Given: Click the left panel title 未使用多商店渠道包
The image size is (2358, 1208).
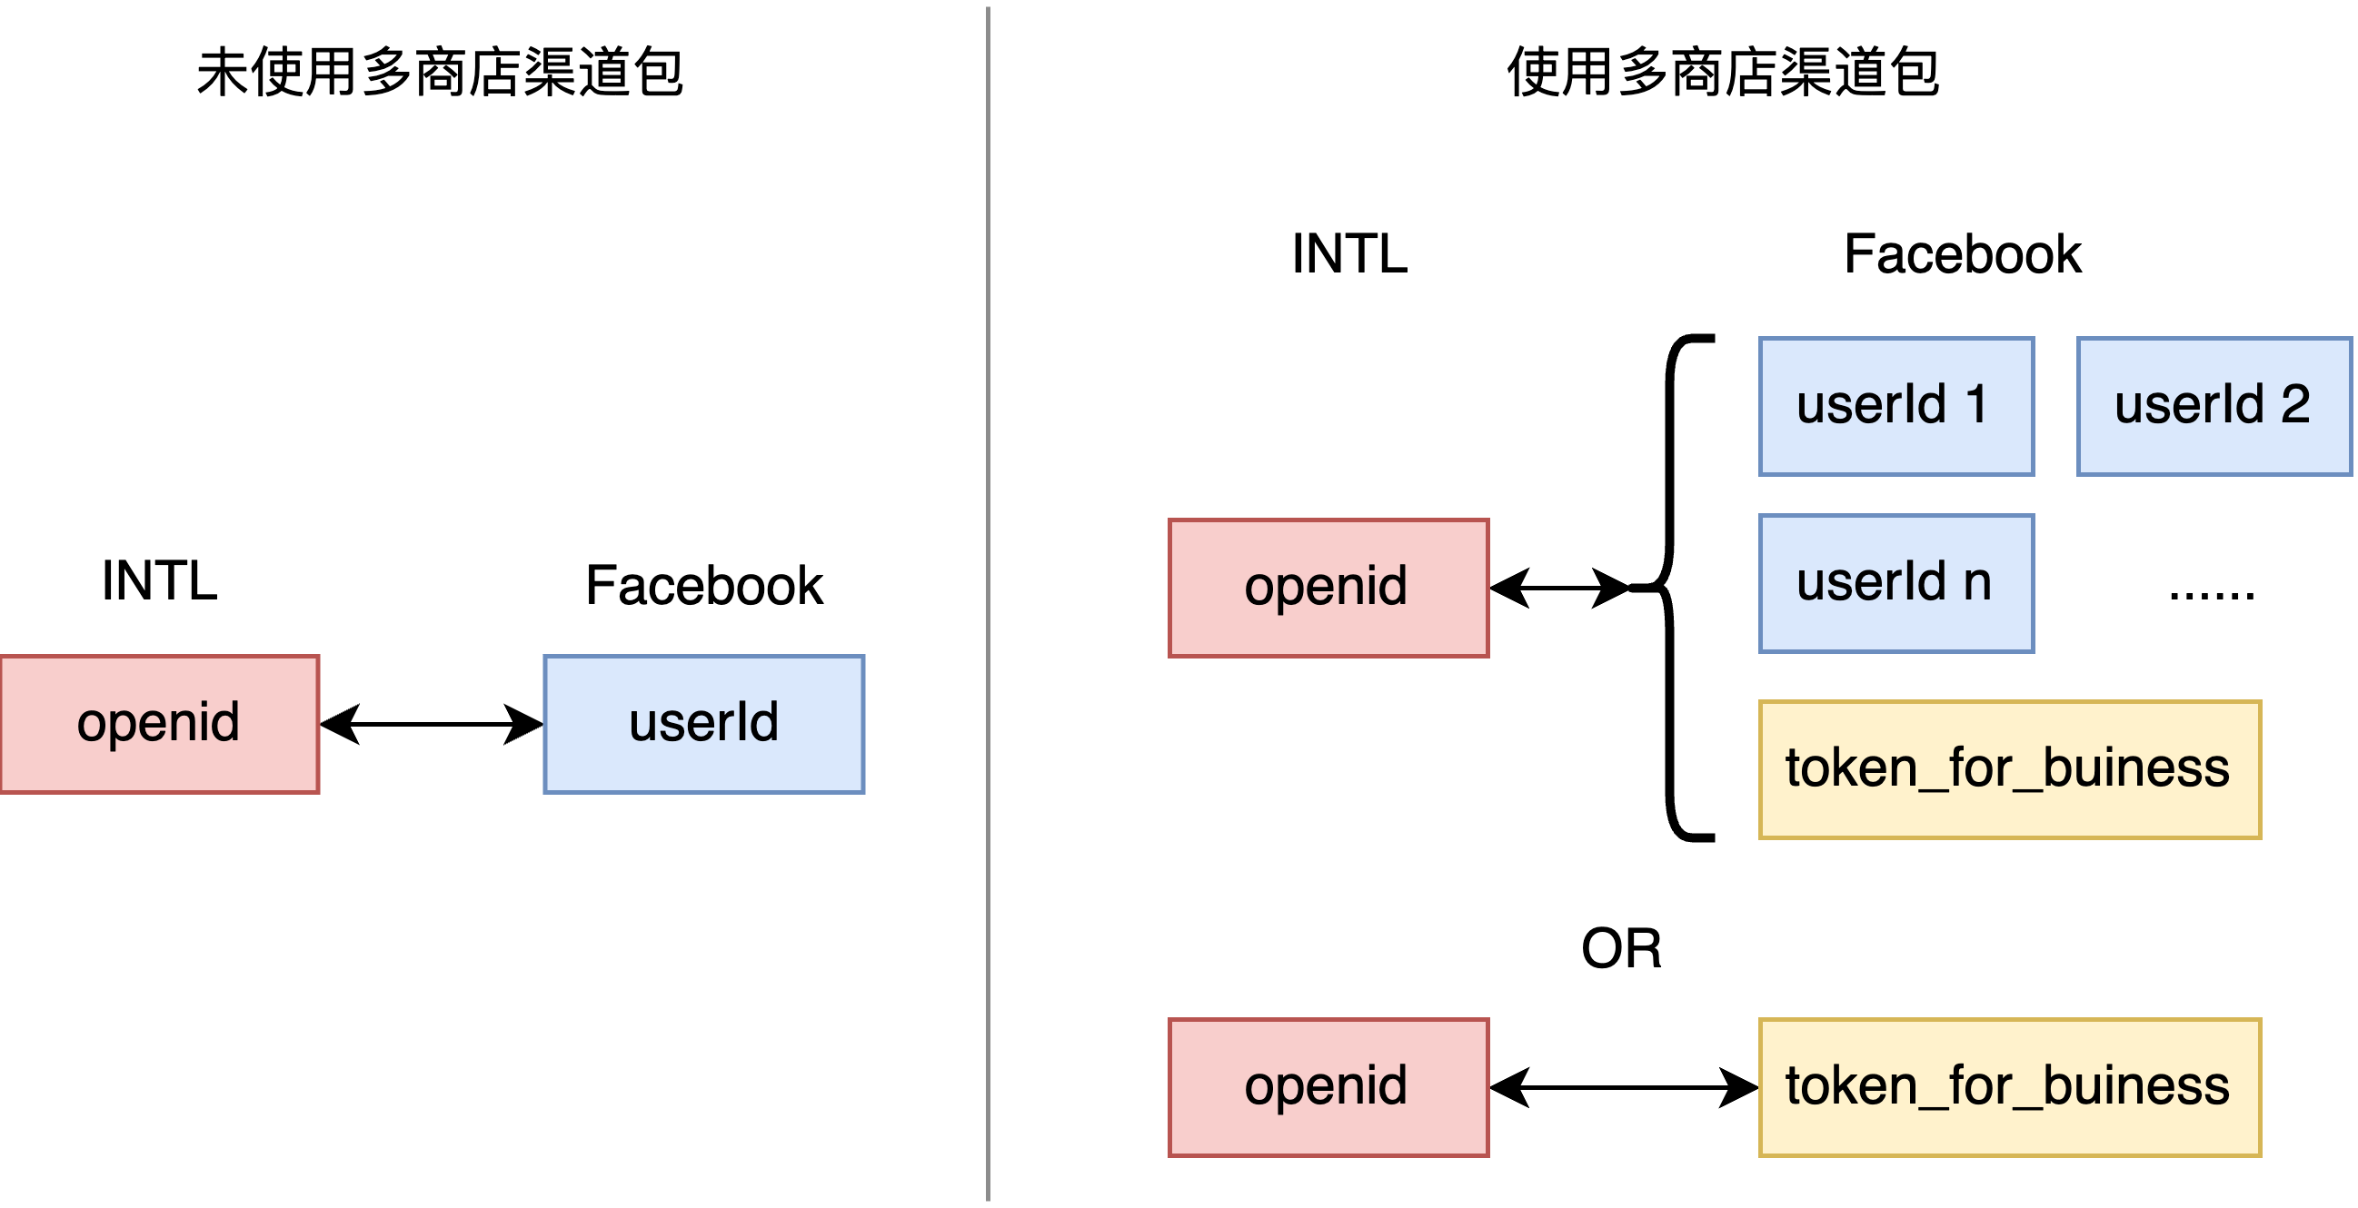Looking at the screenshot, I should [441, 74].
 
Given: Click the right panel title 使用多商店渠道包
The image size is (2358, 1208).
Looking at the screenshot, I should [1723, 74].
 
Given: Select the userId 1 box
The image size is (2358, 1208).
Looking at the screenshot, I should [1895, 406].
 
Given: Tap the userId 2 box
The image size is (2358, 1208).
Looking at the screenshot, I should [2213, 406].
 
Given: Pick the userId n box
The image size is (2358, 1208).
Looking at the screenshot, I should [1895, 583].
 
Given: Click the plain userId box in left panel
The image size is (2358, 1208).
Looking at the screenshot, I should [704, 724].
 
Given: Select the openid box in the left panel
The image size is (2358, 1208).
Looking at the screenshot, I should [159, 724].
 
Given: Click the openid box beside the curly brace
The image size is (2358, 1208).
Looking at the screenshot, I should [1328, 588].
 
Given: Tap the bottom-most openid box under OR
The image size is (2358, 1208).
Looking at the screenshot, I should [1328, 1087].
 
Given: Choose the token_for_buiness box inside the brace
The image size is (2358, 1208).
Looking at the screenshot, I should [2009, 768].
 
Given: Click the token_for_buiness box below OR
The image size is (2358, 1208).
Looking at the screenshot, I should [2009, 1087].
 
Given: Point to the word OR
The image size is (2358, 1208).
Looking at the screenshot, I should [1621, 948].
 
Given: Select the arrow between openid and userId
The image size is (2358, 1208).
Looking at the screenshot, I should [431, 725].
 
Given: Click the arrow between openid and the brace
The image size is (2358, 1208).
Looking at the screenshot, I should [1560, 588].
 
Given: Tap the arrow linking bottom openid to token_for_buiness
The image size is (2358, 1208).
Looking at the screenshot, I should [1624, 1087].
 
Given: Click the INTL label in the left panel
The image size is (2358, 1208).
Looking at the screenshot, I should [159, 580].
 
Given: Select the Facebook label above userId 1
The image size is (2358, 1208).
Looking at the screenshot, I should [1962, 253].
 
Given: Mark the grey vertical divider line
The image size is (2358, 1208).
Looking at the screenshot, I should [989, 604].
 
